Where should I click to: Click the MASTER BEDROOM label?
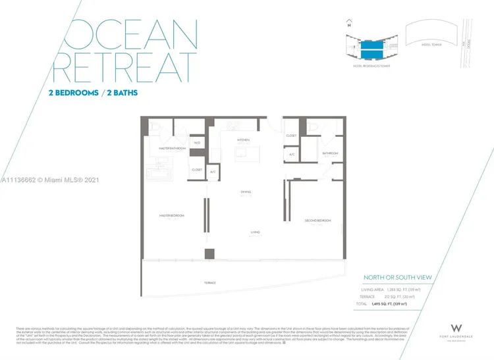pos(171,216)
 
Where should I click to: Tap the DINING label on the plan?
pos(246,192)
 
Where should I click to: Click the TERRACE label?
pos(209,282)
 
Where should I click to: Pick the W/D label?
pos(196,143)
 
